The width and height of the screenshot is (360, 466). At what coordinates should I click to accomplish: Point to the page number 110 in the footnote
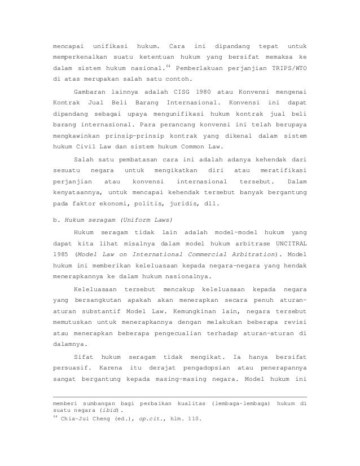[x=194, y=421]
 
